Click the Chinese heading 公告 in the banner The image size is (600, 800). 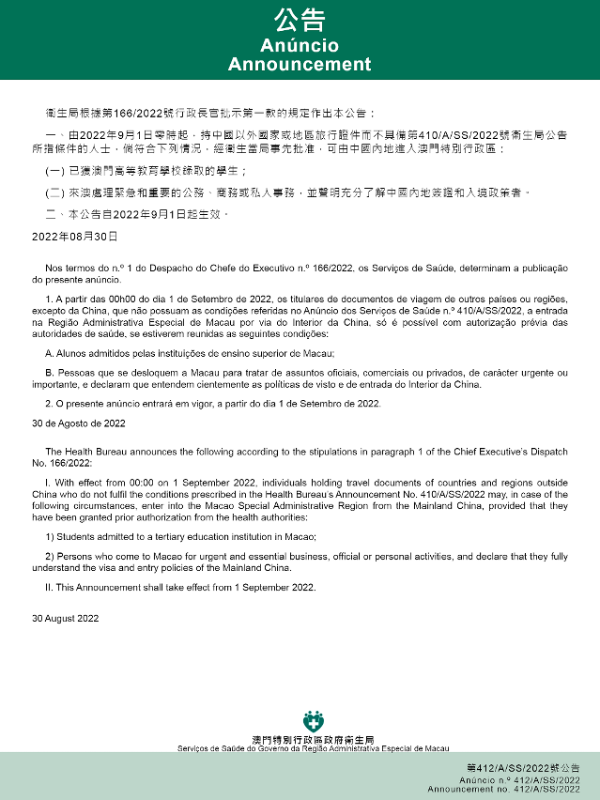click(300, 20)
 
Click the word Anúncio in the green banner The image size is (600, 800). click(300, 46)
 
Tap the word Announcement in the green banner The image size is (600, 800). click(300, 65)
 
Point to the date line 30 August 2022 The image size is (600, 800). click(65, 619)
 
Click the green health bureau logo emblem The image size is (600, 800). click(313, 721)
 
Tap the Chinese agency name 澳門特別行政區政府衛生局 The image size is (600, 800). click(313, 740)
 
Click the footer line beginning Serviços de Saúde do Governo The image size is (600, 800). click(313, 748)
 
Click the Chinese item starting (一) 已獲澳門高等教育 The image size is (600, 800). click(146, 171)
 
